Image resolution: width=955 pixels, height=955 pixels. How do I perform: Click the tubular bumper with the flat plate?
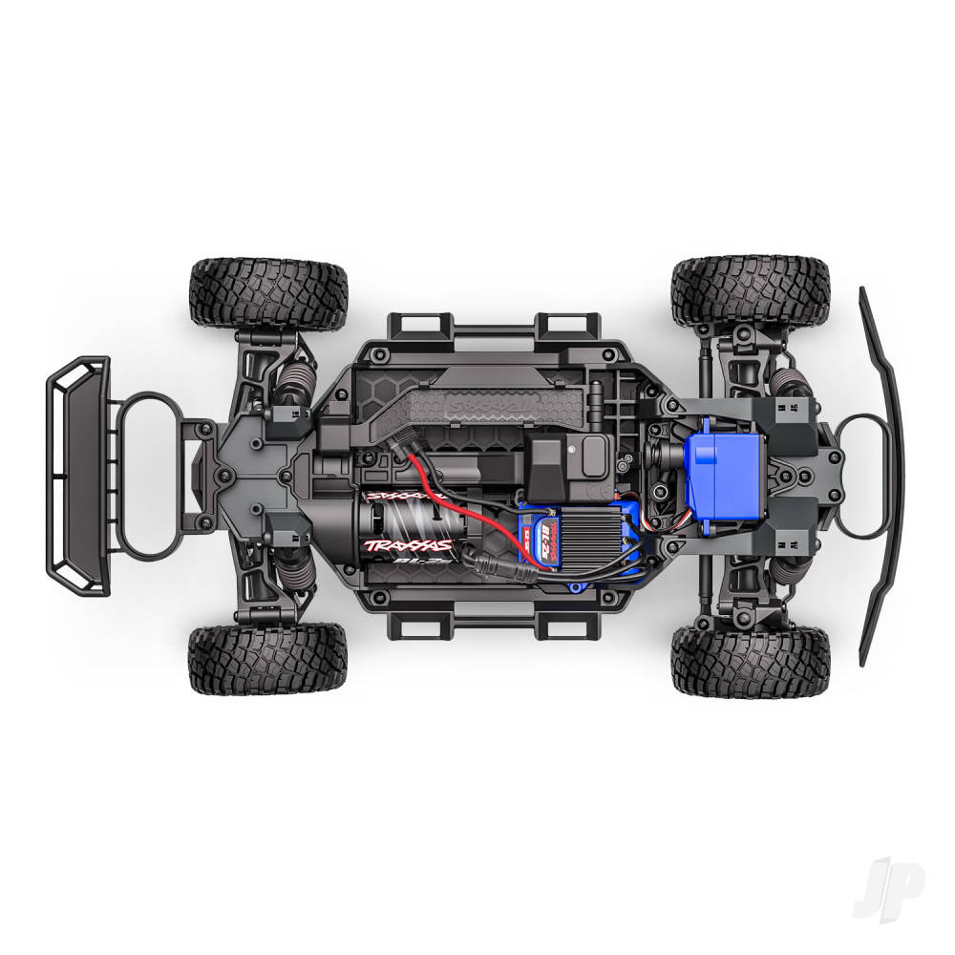pos(78,476)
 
